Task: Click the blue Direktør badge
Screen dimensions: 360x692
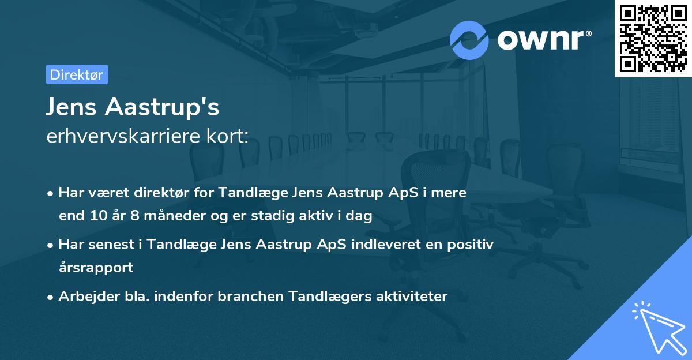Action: (77, 74)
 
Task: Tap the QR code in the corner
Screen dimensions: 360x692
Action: (653, 39)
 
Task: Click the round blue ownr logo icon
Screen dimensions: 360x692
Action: (469, 40)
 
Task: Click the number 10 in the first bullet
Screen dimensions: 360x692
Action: (95, 216)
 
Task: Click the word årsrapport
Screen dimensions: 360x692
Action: (96, 268)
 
